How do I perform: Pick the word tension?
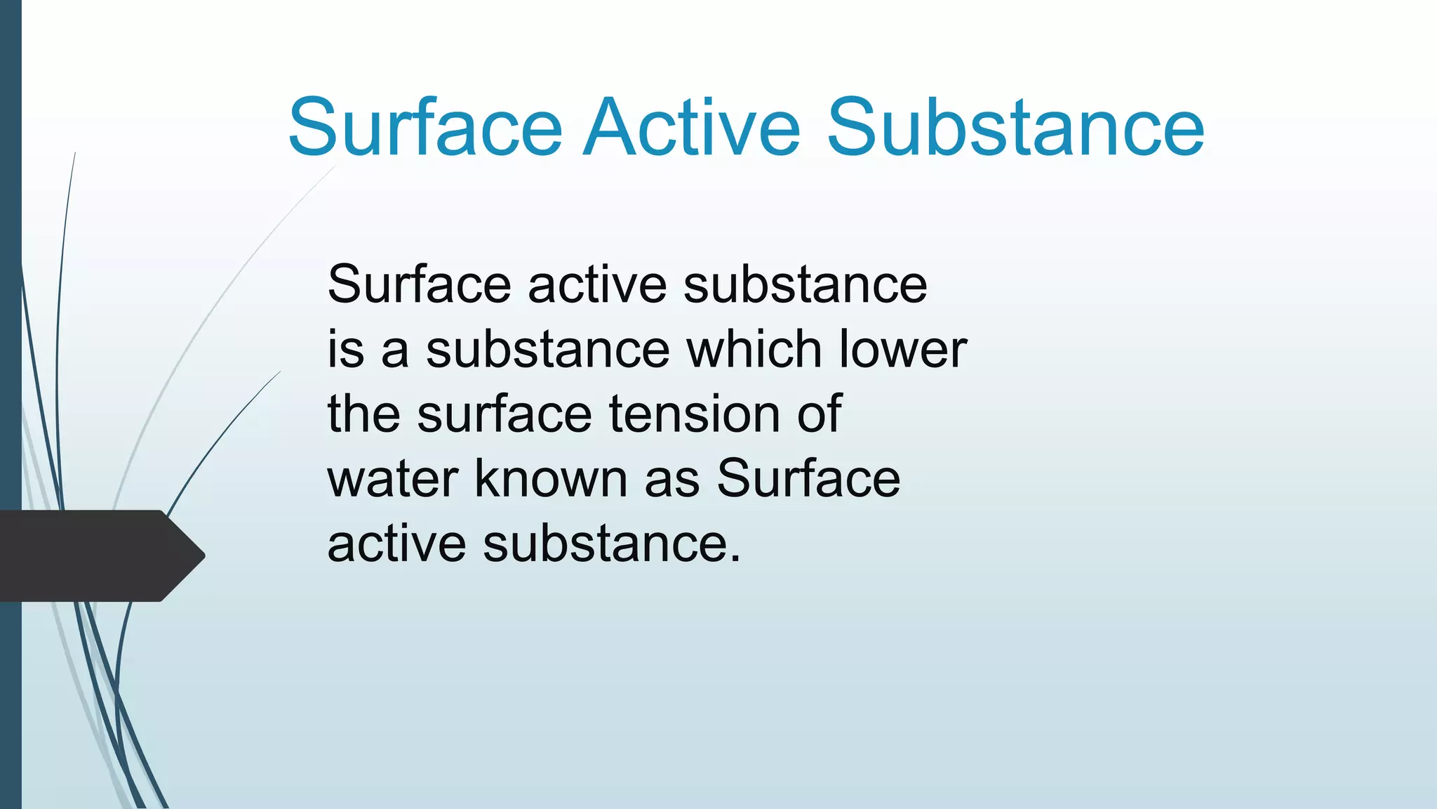[x=695, y=414]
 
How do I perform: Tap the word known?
[x=551, y=478]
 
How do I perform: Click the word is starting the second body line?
[x=345, y=349]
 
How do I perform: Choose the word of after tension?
[x=819, y=414]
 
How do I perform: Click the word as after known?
[x=672, y=478]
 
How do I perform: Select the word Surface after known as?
[x=808, y=478]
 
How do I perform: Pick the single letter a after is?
[x=395, y=350]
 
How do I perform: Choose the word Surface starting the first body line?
[x=419, y=284]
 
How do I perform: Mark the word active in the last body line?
[x=396, y=544]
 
